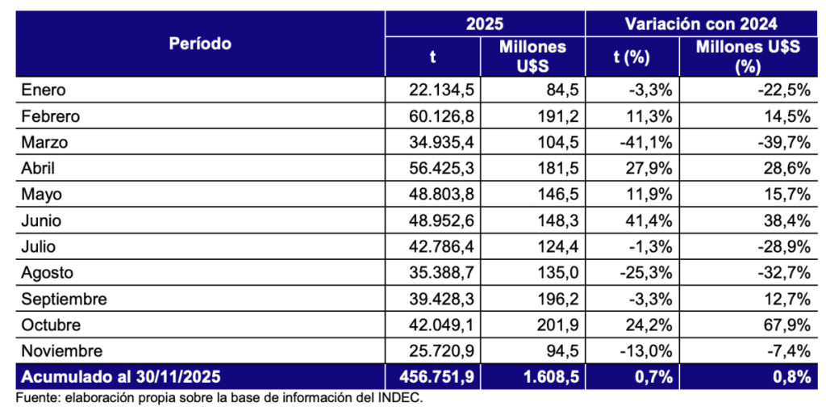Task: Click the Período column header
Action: [200, 44]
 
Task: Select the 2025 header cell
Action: [484, 23]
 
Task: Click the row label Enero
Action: [44, 90]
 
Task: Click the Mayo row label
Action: [42, 195]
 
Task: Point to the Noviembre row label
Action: [62, 351]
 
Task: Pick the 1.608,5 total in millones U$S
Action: [549, 377]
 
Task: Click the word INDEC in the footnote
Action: [400, 397]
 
